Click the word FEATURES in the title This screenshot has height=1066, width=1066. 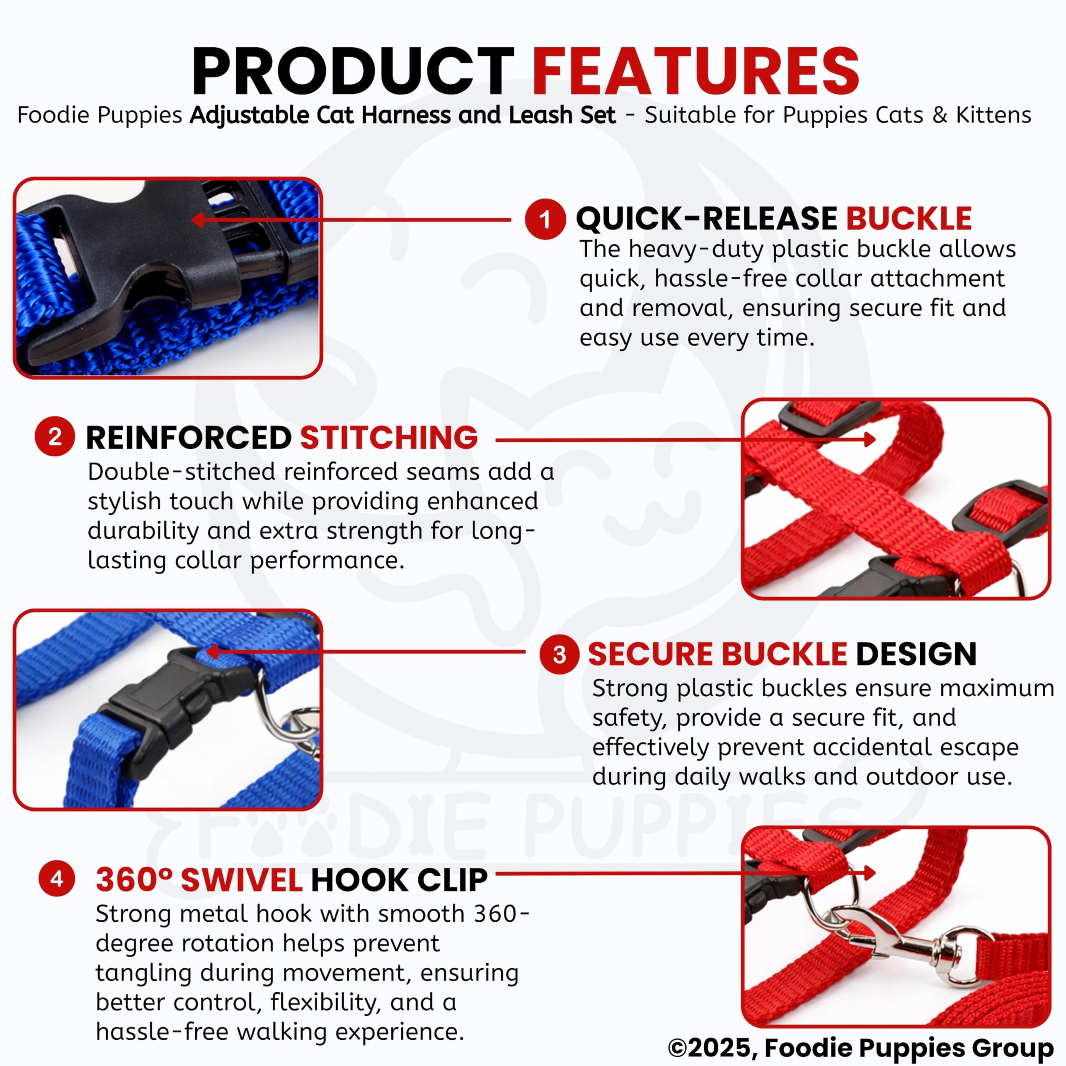695,71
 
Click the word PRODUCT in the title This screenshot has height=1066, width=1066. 353,71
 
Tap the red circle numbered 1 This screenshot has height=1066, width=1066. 545,219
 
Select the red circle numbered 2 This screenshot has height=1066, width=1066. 55,436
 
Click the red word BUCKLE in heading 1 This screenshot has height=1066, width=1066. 909,219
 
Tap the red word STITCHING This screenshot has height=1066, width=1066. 389,438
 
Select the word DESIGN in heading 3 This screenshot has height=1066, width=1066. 917,655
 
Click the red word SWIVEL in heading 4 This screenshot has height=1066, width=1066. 241,879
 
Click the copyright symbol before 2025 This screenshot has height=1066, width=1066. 678,1047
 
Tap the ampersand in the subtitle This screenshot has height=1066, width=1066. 940,115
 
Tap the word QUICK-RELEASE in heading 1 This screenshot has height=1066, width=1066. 706,219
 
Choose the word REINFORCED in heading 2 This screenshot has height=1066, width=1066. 189,438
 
